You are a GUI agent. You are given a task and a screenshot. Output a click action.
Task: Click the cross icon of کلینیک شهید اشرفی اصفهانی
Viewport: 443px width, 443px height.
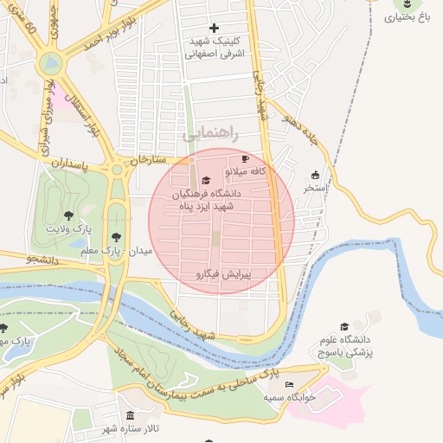pyautogui.click(x=215, y=29)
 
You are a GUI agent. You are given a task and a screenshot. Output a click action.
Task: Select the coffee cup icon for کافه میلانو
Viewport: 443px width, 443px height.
pyautogui.click(x=245, y=159)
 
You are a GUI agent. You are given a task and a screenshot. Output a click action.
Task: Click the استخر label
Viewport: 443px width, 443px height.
pyautogui.click(x=313, y=187)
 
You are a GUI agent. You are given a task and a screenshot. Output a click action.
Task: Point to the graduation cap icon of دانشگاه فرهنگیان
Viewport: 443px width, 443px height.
pyautogui.click(x=205, y=181)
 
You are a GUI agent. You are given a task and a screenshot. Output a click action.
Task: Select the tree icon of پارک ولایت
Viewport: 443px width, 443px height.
pyautogui.click(x=68, y=215)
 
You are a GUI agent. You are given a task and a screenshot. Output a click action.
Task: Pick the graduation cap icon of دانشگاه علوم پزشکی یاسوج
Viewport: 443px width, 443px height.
pyautogui.click(x=343, y=326)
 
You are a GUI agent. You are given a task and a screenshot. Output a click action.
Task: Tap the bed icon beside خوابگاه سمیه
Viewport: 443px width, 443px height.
pyautogui.click(x=289, y=384)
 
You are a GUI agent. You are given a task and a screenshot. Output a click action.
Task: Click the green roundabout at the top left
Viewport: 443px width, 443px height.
pyautogui.click(x=51, y=63)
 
